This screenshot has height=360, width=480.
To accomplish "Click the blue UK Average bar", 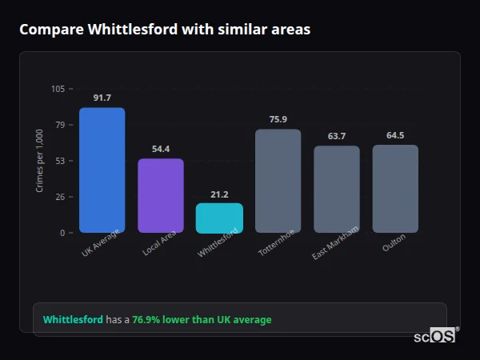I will pos(102,170).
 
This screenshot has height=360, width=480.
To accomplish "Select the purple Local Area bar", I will pos(161,196).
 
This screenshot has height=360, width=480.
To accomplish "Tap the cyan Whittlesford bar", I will pos(219,218).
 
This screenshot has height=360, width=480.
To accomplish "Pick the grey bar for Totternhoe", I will pos(278,181).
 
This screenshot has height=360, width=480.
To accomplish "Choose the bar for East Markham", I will pos(337,190).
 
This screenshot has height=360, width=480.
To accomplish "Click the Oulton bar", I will pos(395,189).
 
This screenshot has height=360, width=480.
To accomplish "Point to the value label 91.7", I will pos(102,98).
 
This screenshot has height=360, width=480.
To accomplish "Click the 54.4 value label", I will pos(161,149).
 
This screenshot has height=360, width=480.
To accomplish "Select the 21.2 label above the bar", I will pos(219,194).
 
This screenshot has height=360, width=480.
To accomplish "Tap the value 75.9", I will pos(278,119).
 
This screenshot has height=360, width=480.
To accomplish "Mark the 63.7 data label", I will pos(337,136).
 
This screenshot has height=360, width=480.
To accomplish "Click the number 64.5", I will pos(395,135).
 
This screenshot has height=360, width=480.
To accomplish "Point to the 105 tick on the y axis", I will pos(58,89).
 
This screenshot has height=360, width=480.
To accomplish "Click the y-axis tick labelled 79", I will pos(59,125).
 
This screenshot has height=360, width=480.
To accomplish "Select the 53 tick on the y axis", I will pos(59,161).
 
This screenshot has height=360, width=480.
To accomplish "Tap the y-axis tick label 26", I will pos(59,197).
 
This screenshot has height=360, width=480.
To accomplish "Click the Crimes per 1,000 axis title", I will pos(40,161).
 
